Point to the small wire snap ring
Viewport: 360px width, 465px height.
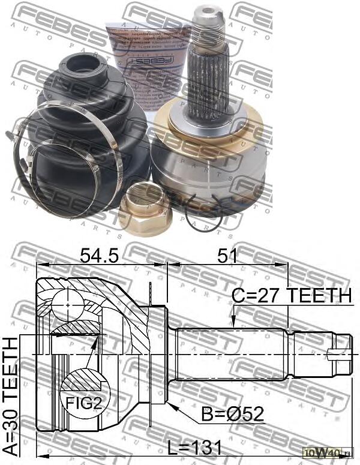[x=204, y=213]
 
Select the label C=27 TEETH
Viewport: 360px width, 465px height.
[x=292, y=295]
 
